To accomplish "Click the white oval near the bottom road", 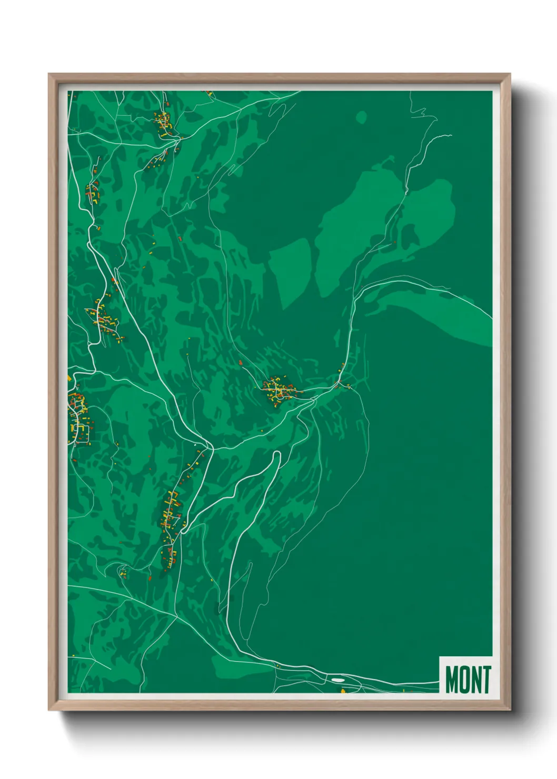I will pos(337,680).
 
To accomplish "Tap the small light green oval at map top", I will pos(361,117).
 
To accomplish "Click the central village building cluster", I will pos(278,390).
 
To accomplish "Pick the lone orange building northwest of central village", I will pos(241,363).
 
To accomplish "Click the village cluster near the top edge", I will pos(163,122).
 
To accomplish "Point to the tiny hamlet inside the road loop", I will pos(123,572).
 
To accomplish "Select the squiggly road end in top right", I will pos(445,136).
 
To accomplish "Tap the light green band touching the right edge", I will pos(463,326).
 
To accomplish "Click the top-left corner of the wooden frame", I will pos(49,75).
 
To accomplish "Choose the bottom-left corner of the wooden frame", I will pos(49,710).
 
